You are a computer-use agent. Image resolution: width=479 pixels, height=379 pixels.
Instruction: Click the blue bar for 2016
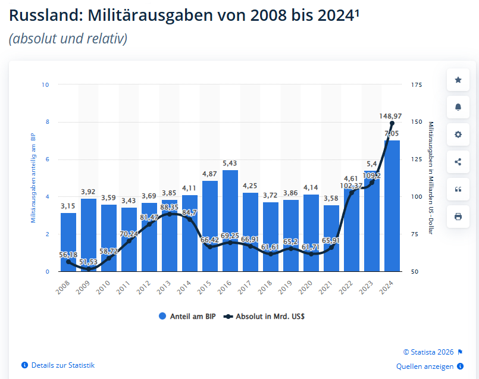[x=230, y=221]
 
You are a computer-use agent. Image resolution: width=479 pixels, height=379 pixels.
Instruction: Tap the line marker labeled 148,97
[x=392, y=124]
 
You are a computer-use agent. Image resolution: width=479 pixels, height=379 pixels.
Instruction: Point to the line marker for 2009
[x=89, y=269]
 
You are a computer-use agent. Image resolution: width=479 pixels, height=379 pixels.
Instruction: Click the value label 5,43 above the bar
[x=230, y=163]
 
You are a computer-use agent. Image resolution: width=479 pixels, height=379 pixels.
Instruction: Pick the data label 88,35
[x=169, y=207]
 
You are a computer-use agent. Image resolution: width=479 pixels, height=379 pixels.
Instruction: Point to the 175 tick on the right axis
[x=416, y=85]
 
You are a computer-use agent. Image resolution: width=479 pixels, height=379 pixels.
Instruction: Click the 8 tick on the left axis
[x=46, y=122]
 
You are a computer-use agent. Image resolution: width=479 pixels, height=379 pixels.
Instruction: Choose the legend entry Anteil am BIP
[x=186, y=317]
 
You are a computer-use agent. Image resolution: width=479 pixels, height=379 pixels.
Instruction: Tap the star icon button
[x=458, y=80]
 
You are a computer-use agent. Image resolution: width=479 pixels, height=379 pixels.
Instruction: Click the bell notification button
[x=458, y=107]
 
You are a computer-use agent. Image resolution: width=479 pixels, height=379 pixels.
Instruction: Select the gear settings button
[x=458, y=134]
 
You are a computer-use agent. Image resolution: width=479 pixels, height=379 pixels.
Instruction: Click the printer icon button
[x=458, y=217]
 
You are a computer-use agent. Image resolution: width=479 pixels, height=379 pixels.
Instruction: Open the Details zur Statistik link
[x=62, y=365]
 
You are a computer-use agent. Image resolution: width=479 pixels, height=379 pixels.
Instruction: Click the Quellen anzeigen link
[x=425, y=367]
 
